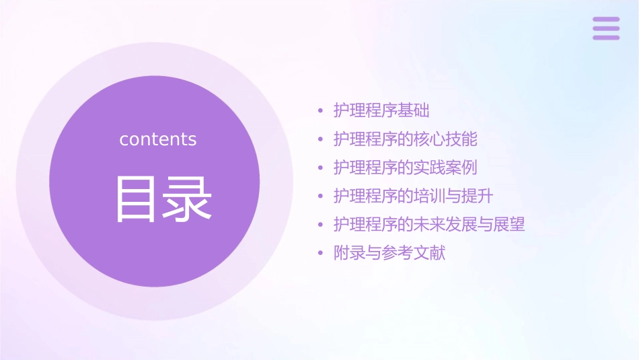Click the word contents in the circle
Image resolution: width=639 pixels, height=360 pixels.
[158, 139]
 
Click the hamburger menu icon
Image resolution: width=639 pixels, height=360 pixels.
[606, 28]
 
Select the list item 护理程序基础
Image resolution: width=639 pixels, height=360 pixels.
[381, 110]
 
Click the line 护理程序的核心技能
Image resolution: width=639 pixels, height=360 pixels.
[405, 139]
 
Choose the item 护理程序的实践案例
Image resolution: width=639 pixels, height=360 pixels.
[405, 168]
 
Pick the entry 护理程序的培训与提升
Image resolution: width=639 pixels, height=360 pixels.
[413, 196]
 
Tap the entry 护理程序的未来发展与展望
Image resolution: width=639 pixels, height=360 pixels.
[429, 225]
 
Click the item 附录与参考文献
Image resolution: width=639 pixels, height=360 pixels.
[389, 254]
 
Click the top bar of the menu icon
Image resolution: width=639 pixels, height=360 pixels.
[606, 20]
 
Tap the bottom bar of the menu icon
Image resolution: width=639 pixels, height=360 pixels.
[606, 38]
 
